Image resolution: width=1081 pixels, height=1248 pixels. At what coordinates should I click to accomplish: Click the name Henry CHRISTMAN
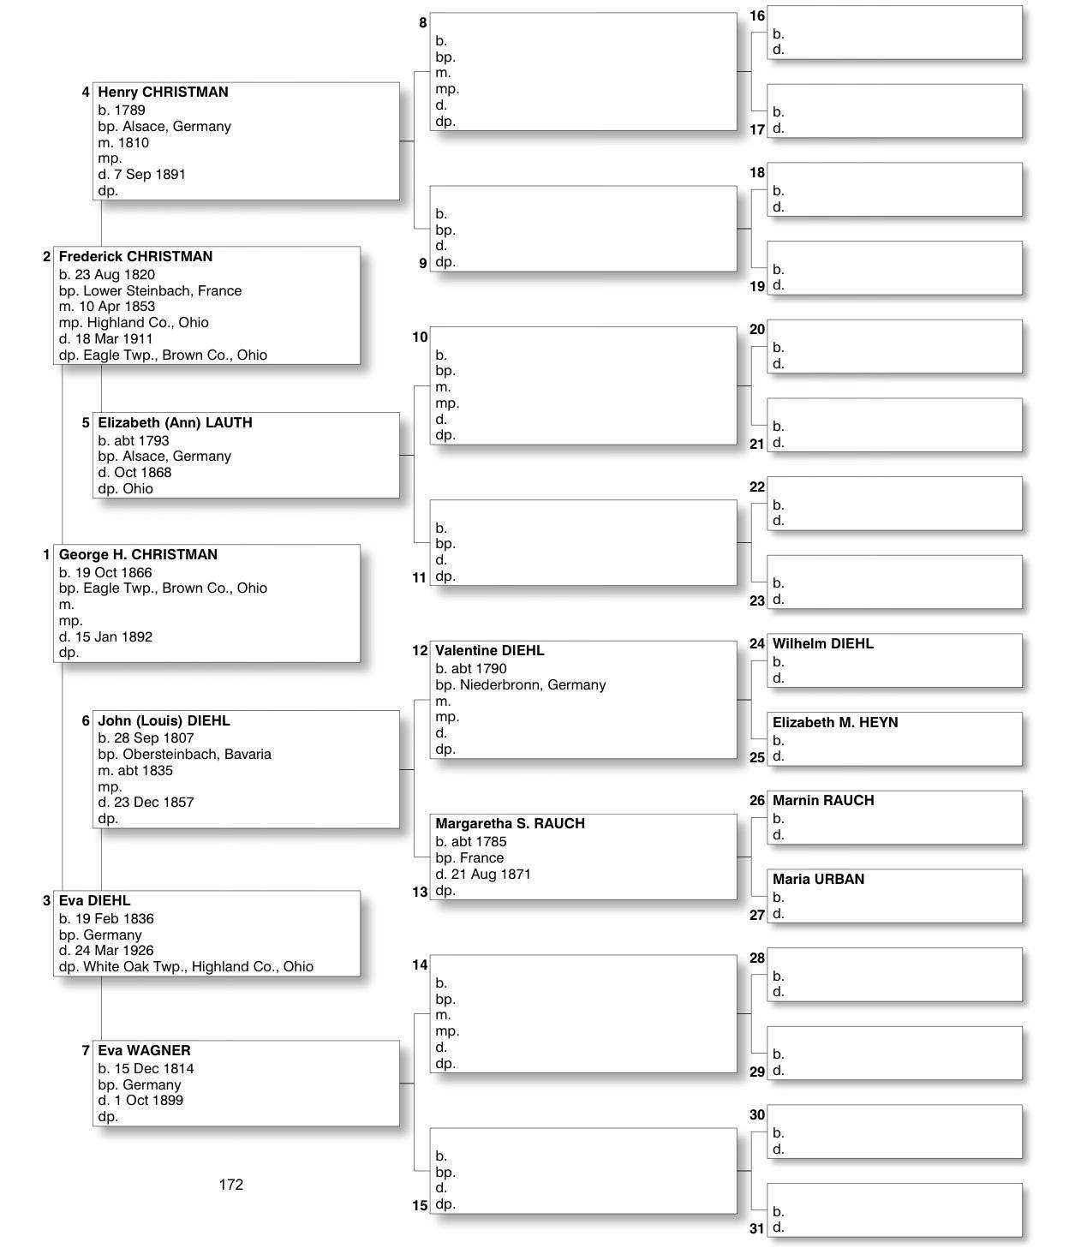point(163,93)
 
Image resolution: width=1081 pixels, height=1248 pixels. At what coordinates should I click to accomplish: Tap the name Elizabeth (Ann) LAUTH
point(175,423)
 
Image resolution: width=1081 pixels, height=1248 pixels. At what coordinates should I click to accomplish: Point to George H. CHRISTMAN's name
point(138,555)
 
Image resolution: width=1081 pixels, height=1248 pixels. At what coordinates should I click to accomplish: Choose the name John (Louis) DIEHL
point(164,721)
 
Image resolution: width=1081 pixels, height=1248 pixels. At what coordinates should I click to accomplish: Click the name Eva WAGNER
point(144,1051)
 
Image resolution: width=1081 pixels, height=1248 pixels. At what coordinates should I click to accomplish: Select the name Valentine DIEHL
point(489,651)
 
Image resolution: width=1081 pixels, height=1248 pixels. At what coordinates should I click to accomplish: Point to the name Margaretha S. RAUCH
point(510,824)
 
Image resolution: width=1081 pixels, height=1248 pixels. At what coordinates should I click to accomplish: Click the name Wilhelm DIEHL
point(822,644)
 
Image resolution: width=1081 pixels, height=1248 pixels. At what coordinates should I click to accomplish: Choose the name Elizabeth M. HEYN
point(834,723)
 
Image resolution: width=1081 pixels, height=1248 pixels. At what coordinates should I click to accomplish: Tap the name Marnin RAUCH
point(822,801)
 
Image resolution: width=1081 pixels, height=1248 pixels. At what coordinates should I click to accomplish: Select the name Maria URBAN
point(818,880)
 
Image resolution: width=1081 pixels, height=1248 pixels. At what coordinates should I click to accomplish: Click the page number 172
point(231,1185)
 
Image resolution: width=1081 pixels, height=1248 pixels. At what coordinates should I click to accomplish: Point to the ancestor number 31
point(756,1228)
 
